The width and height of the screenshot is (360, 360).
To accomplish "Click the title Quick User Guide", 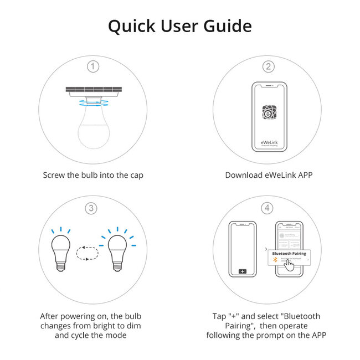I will [x=179, y=26].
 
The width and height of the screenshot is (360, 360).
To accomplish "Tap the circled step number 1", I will [x=94, y=66].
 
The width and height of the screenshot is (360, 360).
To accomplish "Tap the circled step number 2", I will [x=269, y=66].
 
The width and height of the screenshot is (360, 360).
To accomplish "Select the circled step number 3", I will [x=94, y=208].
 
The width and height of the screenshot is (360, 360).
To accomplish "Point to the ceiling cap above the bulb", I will [x=94, y=90].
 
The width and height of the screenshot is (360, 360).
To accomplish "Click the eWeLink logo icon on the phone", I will [x=269, y=112].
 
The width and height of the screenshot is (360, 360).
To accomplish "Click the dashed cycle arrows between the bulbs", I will [x=87, y=253].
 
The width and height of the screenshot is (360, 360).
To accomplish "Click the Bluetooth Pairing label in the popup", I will [x=290, y=253].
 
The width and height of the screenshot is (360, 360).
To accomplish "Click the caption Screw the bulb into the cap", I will [x=94, y=175].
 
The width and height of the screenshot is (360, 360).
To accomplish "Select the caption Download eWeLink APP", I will [x=269, y=175].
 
